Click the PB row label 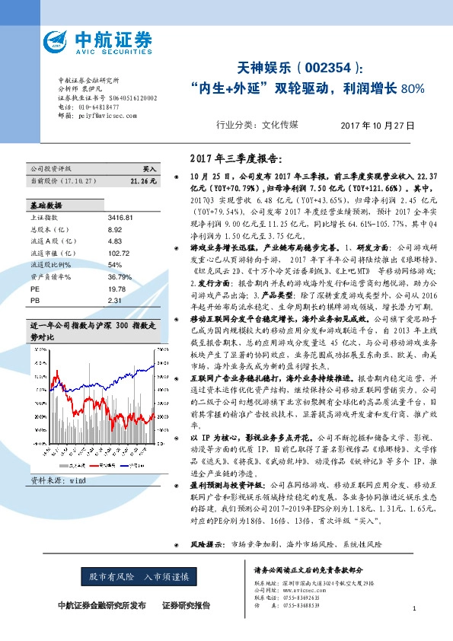[35, 301]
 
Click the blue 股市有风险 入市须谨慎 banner [143, 576]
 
